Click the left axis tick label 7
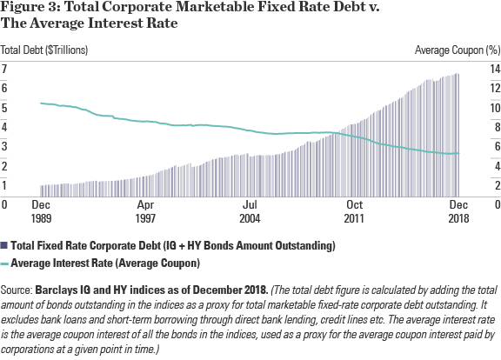point(3,69)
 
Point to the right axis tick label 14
point(495,69)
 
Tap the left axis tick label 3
point(3,146)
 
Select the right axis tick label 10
point(495,108)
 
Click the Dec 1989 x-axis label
point(41,211)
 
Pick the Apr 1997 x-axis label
point(145,211)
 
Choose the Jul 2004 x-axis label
point(250,211)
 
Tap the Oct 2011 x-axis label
point(354,211)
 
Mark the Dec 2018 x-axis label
point(458,211)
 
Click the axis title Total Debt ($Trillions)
point(44,50)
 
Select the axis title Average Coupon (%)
point(458,50)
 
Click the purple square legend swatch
point(4,245)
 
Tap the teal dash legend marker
point(4,263)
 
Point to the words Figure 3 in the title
point(30,7)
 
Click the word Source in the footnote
point(16,290)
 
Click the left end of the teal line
point(41,103)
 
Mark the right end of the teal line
point(459,153)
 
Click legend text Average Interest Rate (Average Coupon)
point(105,263)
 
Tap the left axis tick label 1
point(3,185)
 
